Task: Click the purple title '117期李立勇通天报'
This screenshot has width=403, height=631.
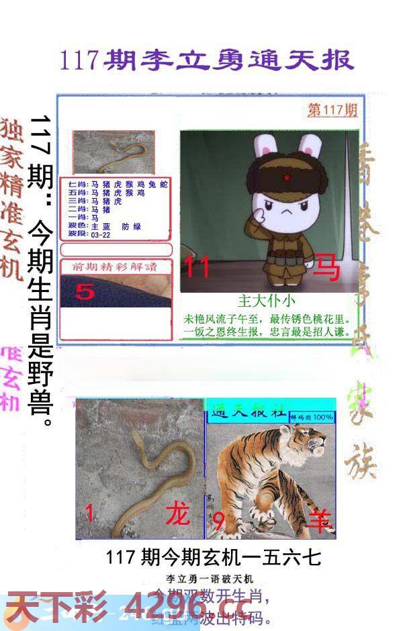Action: click(206, 60)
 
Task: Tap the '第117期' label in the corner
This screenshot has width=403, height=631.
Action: click(332, 110)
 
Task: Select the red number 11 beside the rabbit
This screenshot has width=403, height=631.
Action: click(198, 268)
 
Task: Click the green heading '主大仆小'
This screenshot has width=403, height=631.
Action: click(266, 301)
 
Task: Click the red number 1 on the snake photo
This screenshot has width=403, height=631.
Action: click(89, 514)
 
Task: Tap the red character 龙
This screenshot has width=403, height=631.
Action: click(178, 514)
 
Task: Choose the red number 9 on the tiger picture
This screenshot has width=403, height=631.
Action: click(218, 520)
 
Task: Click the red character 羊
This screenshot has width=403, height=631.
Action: click(320, 520)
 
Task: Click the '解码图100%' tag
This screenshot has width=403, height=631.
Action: click(312, 417)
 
